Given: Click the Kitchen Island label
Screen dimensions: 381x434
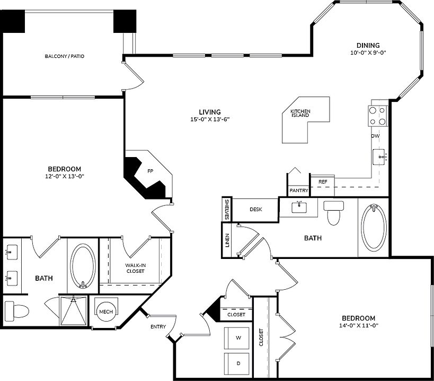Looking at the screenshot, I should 300,114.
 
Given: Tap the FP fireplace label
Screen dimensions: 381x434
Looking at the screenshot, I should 150,171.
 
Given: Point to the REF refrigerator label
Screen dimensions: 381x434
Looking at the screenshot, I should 323,182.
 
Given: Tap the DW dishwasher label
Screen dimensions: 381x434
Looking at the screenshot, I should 375,136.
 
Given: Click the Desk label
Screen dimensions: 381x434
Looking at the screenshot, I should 256,209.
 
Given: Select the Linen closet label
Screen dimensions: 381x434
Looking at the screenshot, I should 227,240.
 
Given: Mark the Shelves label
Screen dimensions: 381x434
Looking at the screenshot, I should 227,209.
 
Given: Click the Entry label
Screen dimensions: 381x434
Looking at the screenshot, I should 158,326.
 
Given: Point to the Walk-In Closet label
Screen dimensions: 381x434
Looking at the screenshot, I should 135,268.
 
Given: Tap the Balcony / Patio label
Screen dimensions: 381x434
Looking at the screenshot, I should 65,56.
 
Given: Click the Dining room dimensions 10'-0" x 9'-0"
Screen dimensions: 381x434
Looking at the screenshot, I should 368,53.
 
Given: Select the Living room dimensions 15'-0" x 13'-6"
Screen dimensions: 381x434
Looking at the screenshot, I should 209,119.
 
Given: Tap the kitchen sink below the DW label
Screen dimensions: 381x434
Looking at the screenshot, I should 380,156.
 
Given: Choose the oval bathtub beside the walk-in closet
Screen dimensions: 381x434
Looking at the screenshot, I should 83,265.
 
